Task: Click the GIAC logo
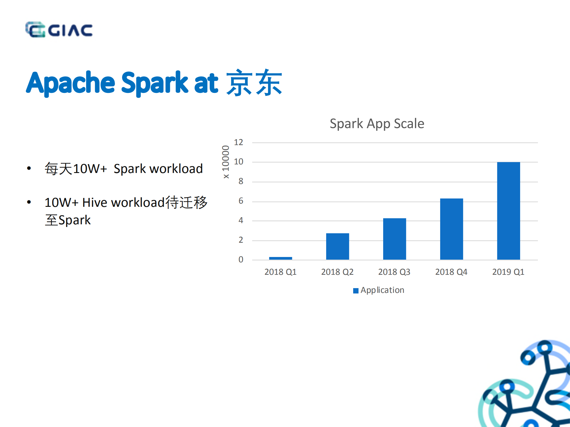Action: (x=59, y=30)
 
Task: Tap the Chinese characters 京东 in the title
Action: (x=254, y=83)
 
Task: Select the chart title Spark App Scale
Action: (x=377, y=123)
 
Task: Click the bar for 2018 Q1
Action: (x=280, y=258)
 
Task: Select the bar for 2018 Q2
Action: (x=337, y=246)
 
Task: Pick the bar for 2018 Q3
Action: (x=394, y=239)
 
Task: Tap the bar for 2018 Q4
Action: (x=451, y=229)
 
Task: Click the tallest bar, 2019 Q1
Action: (x=509, y=211)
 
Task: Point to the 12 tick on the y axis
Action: (x=239, y=142)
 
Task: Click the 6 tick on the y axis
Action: (x=241, y=201)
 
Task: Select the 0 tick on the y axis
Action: (x=241, y=260)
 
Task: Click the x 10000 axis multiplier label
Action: (x=226, y=162)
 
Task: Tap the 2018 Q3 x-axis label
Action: (x=394, y=272)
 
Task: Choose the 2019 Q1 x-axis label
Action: (x=508, y=272)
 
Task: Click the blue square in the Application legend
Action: (x=356, y=291)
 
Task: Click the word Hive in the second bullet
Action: (x=94, y=203)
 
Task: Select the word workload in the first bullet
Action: (x=176, y=169)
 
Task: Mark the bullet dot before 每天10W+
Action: (x=29, y=169)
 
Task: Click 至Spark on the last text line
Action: (x=68, y=220)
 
